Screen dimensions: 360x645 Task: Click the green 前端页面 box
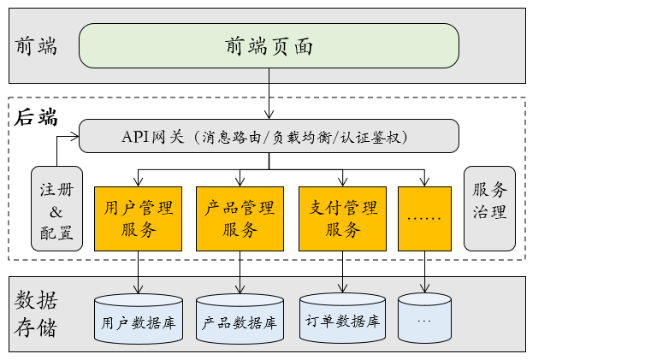[x=269, y=45]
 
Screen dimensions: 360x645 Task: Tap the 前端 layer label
[x=37, y=45]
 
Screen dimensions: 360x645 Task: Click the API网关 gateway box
[x=269, y=136]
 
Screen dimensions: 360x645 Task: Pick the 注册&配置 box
[x=56, y=208]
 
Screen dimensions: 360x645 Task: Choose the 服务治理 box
[x=489, y=208]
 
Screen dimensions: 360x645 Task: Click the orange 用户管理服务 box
[x=138, y=218]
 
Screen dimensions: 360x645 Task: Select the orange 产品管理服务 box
[x=240, y=218]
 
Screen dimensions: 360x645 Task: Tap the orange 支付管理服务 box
[x=342, y=218]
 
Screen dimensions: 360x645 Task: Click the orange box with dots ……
[x=424, y=218]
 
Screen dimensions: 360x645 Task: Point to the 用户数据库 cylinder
[x=138, y=320]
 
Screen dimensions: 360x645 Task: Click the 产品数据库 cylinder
[x=240, y=320]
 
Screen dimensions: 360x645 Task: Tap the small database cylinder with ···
[x=424, y=318]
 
